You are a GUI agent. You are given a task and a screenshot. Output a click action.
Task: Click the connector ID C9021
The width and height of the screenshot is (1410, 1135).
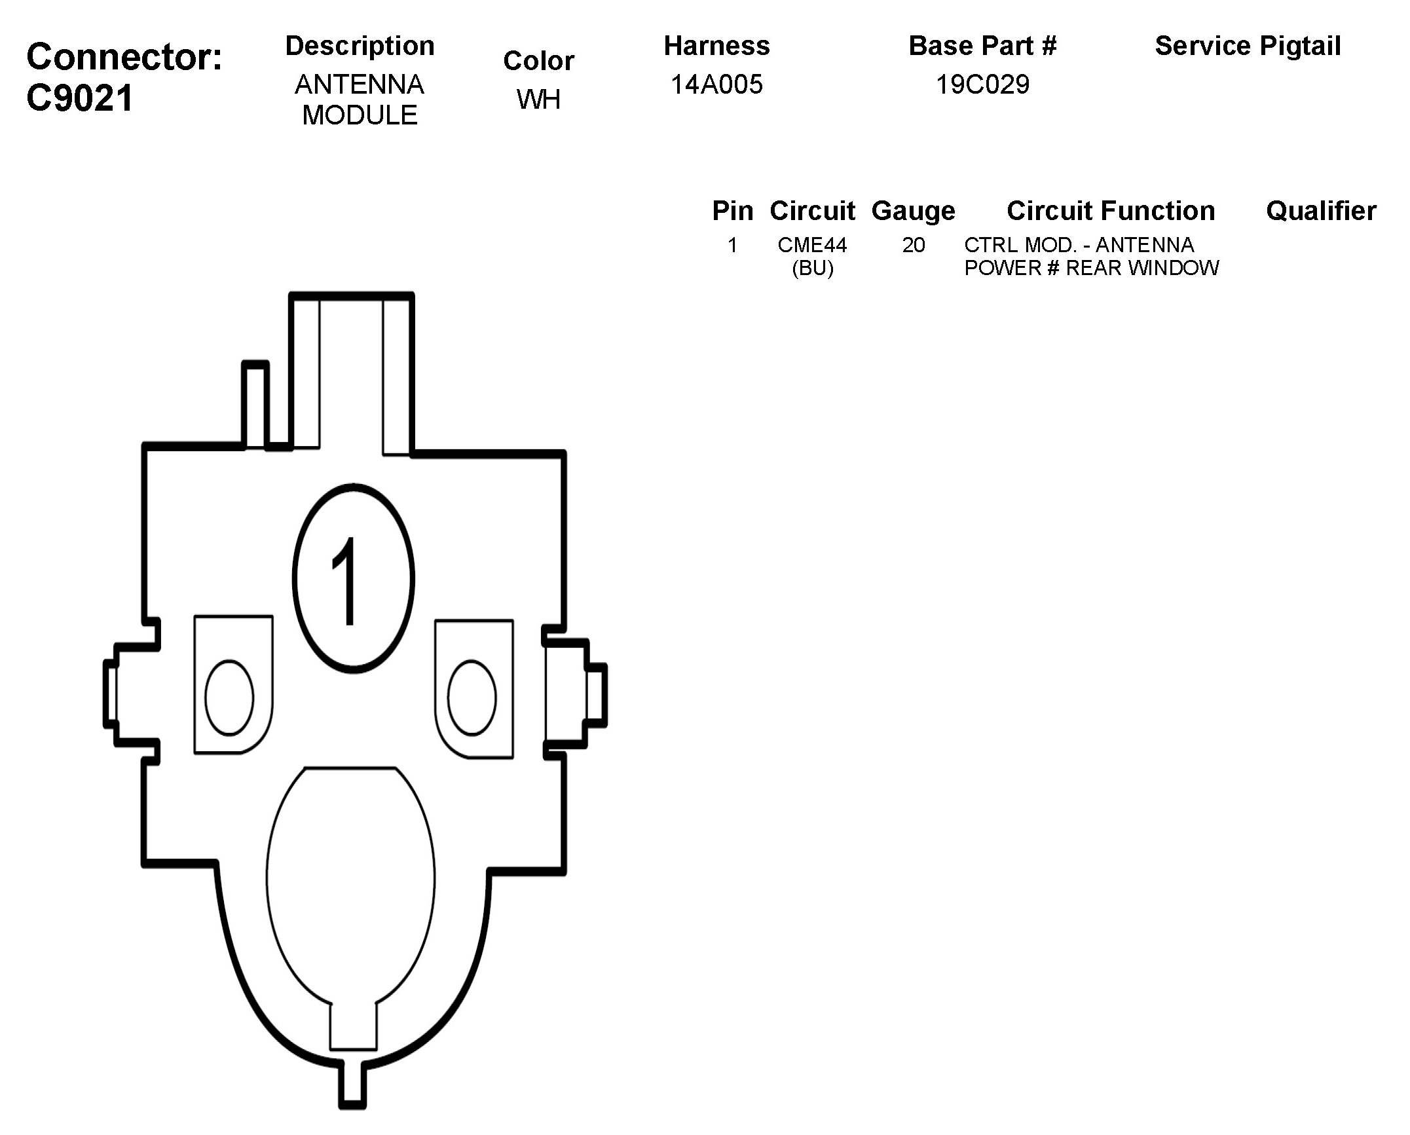(x=80, y=98)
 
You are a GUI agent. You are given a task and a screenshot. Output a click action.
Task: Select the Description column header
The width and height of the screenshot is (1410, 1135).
(x=360, y=46)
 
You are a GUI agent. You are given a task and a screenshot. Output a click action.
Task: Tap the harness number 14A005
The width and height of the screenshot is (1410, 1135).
(x=716, y=84)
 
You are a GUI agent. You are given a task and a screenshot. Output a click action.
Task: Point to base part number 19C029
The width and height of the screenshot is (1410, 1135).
(x=982, y=84)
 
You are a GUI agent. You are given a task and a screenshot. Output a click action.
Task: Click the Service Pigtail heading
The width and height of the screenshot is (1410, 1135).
(x=1248, y=46)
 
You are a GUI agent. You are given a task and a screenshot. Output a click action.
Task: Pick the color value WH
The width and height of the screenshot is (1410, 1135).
(x=538, y=100)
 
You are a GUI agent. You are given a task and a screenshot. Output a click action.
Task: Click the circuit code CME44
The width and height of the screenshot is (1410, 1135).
(x=812, y=245)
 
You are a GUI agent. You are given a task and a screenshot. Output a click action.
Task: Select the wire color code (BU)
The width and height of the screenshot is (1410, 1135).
(x=812, y=268)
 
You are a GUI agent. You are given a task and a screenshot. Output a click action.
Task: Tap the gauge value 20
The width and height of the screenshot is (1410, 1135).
(x=913, y=245)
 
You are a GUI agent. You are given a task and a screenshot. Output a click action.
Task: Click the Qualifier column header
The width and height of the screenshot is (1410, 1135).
(x=1320, y=211)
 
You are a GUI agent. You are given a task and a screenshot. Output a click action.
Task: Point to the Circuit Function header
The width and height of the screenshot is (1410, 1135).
(x=1110, y=211)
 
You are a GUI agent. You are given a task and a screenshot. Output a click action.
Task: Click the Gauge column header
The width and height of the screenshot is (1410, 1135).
(x=913, y=211)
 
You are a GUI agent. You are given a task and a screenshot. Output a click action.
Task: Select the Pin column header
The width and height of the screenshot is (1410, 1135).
(x=732, y=211)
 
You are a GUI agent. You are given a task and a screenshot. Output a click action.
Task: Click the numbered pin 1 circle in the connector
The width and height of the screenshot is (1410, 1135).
(x=353, y=578)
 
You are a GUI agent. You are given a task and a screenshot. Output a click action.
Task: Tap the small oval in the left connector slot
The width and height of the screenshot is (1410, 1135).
(x=229, y=698)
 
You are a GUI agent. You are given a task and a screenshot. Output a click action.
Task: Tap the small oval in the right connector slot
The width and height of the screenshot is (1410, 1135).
(x=472, y=698)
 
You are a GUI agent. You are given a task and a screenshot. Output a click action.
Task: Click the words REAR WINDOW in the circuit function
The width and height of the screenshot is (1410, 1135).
(x=1142, y=268)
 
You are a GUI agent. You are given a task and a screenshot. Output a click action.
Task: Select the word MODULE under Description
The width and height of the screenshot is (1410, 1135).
(x=360, y=115)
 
